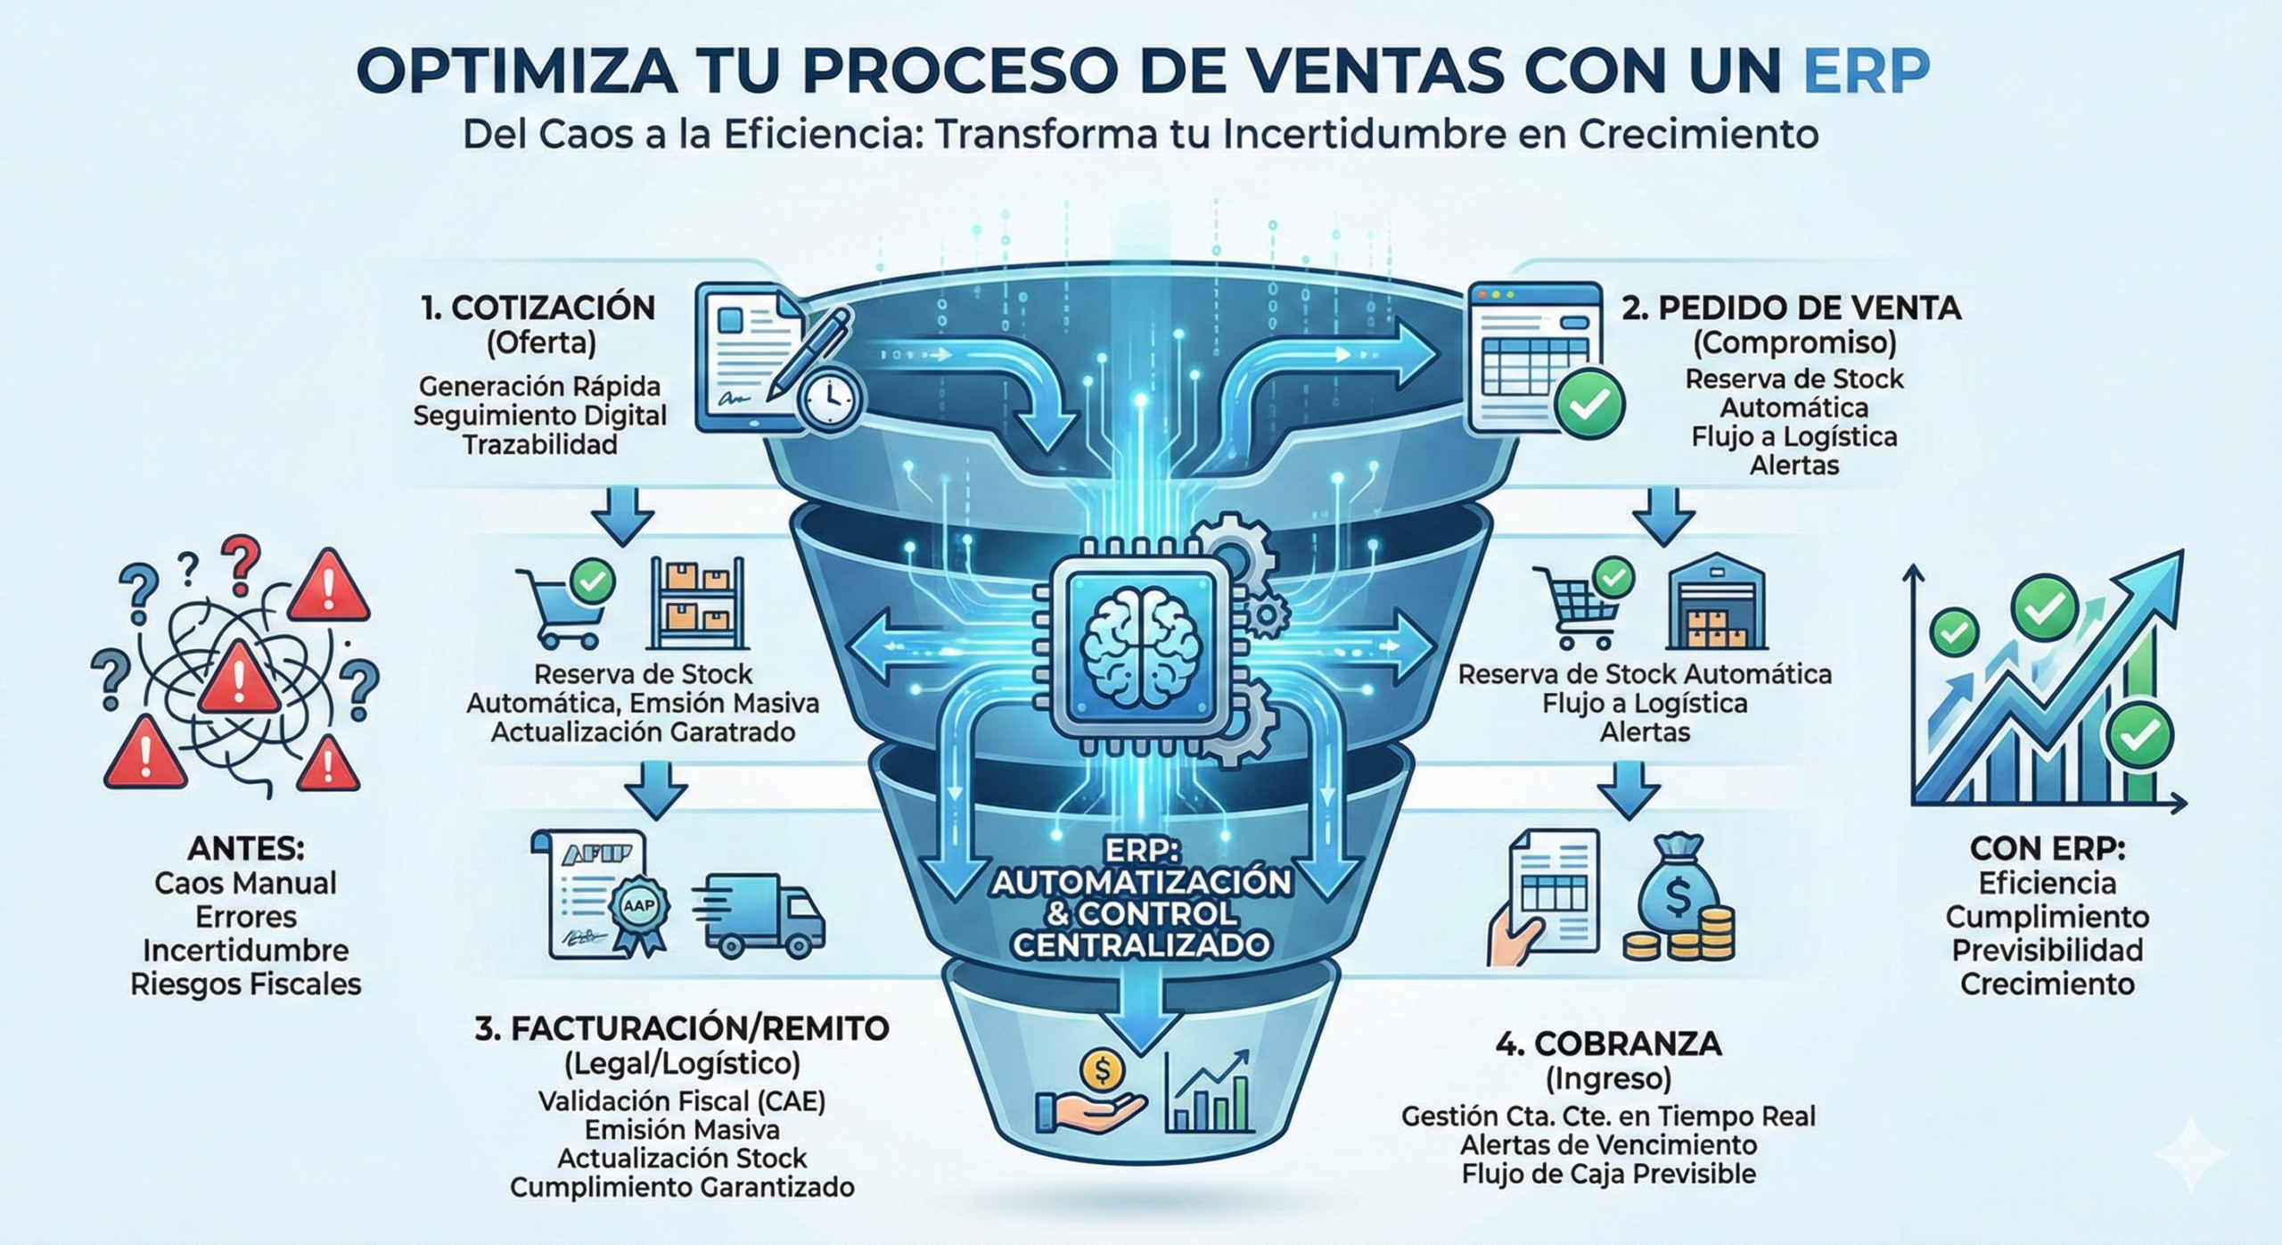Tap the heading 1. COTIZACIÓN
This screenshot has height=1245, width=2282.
538,308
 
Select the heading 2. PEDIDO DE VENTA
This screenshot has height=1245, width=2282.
1792,308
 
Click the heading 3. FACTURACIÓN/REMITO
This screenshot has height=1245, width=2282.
682,1028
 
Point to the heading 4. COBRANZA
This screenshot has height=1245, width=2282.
1608,1044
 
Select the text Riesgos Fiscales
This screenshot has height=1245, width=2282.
246,985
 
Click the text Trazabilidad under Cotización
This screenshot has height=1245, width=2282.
540,444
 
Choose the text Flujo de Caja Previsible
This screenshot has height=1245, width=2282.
1608,1174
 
